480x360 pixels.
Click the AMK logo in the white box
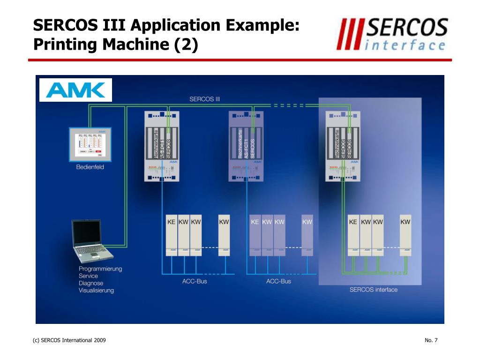pyautogui.click(x=75, y=90)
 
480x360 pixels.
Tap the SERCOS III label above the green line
pyautogui.click(x=204, y=99)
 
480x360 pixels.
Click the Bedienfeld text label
pyautogui.click(x=90, y=167)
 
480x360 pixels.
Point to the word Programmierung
pyautogui.click(x=100, y=269)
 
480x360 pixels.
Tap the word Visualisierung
pyautogui.click(x=96, y=290)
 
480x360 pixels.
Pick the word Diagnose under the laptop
pyautogui.click(x=91, y=283)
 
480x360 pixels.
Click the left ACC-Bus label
pyautogui.click(x=195, y=281)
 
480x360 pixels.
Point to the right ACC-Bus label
pyautogui.click(x=278, y=281)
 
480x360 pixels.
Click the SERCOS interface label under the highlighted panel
pyautogui.click(x=374, y=290)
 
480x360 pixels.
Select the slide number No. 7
pyautogui.click(x=431, y=340)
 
